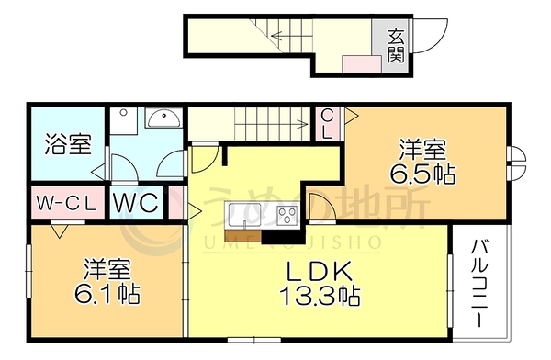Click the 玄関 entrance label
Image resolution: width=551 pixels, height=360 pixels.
[x=396, y=46]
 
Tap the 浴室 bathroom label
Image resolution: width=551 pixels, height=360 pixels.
[x=68, y=144]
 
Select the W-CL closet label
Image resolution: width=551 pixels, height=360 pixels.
[x=66, y=204]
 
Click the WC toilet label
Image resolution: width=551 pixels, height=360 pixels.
[x=135, y=203]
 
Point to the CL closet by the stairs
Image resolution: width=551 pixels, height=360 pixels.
[x=327, y=124]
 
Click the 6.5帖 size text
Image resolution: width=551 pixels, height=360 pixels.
[x=422, y=174]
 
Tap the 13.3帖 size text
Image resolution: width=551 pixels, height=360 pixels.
[x=320, y=296]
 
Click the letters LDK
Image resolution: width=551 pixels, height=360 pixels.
[x=320, y=272]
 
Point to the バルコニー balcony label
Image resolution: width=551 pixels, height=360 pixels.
[x=479, y=283]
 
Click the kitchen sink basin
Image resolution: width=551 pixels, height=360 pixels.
[x=244, y=215]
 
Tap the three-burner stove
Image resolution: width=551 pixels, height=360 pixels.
[x=287, y=215]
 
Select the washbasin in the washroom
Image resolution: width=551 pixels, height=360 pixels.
[x=163, y=118]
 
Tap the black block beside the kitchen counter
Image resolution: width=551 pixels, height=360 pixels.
[x=283, y=236]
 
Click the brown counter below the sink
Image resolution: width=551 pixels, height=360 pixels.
[x=242, y=235]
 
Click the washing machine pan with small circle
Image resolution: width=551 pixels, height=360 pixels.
[x=123, y=120]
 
